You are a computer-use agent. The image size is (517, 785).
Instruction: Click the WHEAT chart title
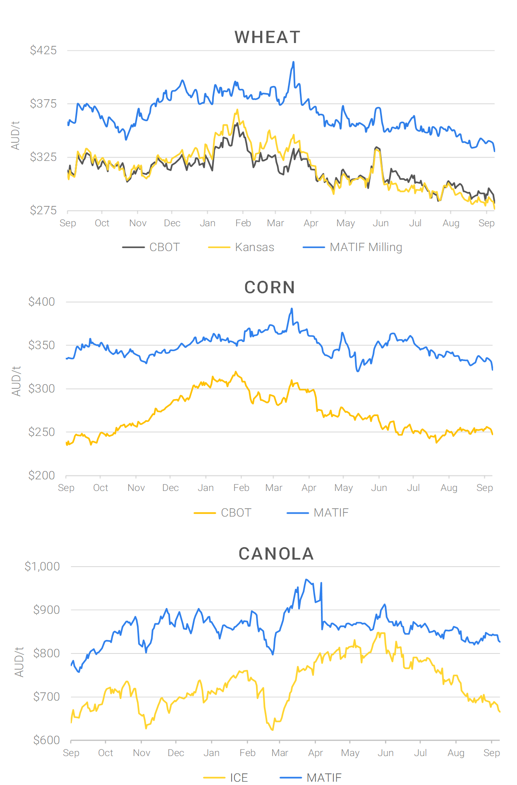(267, 38)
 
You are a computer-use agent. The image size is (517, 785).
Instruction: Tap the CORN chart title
(270, 287)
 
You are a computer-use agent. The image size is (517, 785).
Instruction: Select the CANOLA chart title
(276, 554)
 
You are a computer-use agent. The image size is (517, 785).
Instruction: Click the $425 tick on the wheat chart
(43, 50)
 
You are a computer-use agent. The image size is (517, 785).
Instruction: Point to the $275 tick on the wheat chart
(43, 211)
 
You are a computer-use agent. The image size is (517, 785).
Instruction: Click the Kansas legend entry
(254, 247)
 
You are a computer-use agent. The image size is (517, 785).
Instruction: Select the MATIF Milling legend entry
(366, 247)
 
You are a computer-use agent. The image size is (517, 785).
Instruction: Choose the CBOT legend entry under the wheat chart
(164, 247)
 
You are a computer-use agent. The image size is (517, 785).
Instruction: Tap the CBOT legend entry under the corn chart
(236, 513)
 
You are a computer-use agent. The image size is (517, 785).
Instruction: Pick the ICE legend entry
(239, 778)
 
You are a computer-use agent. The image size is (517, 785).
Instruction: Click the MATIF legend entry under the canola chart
(324, 778)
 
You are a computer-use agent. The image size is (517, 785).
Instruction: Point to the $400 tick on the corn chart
(42, 302)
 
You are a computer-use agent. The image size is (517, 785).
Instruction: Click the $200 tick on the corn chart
(42, 476)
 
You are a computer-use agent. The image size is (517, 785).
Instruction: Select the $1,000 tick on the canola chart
(42, 567)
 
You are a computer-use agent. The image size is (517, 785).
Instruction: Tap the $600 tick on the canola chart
(47, 740)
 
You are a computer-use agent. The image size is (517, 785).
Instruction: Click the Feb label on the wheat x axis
(243, 223)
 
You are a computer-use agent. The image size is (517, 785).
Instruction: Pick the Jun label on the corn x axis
(379, 488)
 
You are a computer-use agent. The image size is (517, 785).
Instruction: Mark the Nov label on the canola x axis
(141, 753)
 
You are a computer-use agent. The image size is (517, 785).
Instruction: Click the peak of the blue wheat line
(294, 62)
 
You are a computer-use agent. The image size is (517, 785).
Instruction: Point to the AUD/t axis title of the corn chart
(17, 381)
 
